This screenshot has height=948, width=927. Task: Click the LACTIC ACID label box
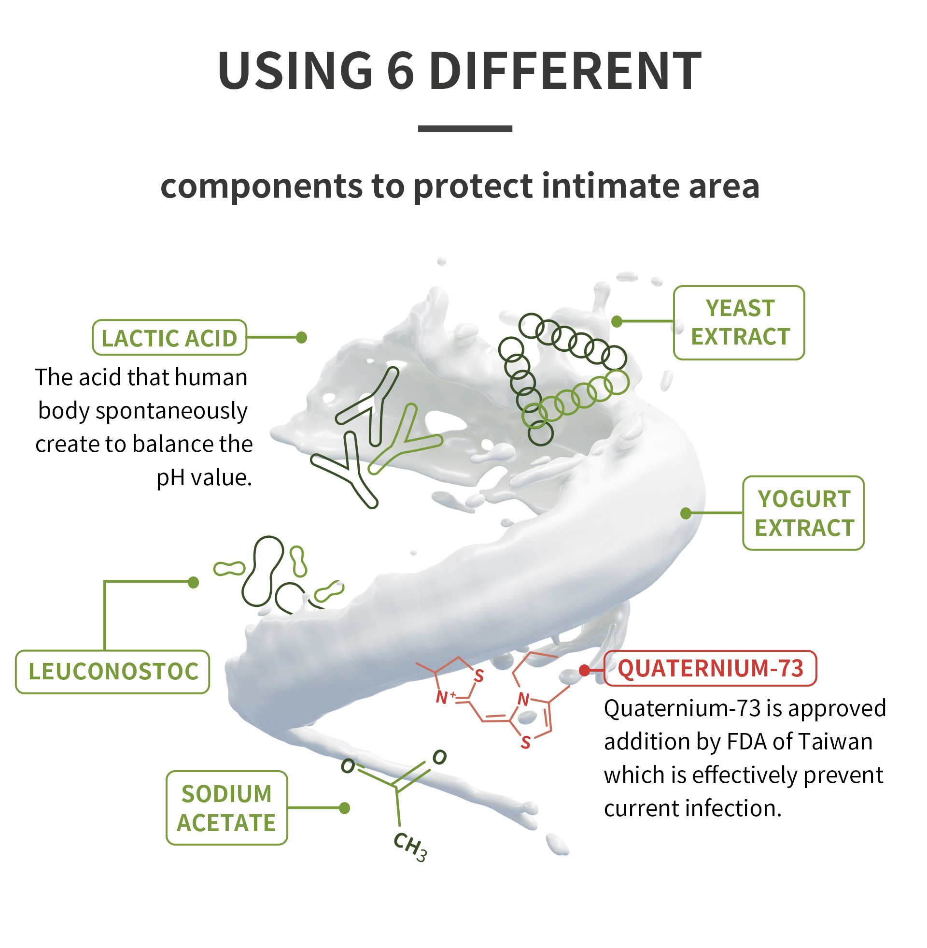coord(169,338)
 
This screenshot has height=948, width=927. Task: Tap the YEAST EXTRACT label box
coord(739,322)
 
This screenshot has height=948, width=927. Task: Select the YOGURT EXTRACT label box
coord(803,513)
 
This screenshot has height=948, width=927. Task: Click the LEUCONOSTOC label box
coord(112,671)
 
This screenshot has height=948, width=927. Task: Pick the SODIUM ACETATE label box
coord(226,808)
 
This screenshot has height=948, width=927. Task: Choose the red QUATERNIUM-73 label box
coord(710,668)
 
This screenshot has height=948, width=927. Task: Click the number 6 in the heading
coord(400,71)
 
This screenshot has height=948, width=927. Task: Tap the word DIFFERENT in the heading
coord(565,71)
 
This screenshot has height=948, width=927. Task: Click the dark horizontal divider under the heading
coord(464,129)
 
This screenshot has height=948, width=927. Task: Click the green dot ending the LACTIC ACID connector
coord(301,337)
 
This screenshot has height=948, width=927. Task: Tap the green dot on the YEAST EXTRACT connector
coord(617,321)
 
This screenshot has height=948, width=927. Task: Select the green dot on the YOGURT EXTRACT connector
coord(686,513)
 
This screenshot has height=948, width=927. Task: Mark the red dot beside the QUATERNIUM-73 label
coord(584,671)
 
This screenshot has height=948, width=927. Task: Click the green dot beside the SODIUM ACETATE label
coord(344,808)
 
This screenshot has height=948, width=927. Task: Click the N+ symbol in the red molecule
coord(445,697)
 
